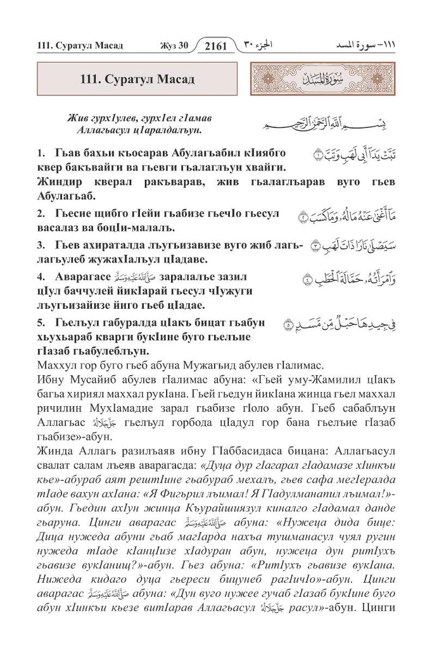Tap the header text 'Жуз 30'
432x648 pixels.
coord(170,46)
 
